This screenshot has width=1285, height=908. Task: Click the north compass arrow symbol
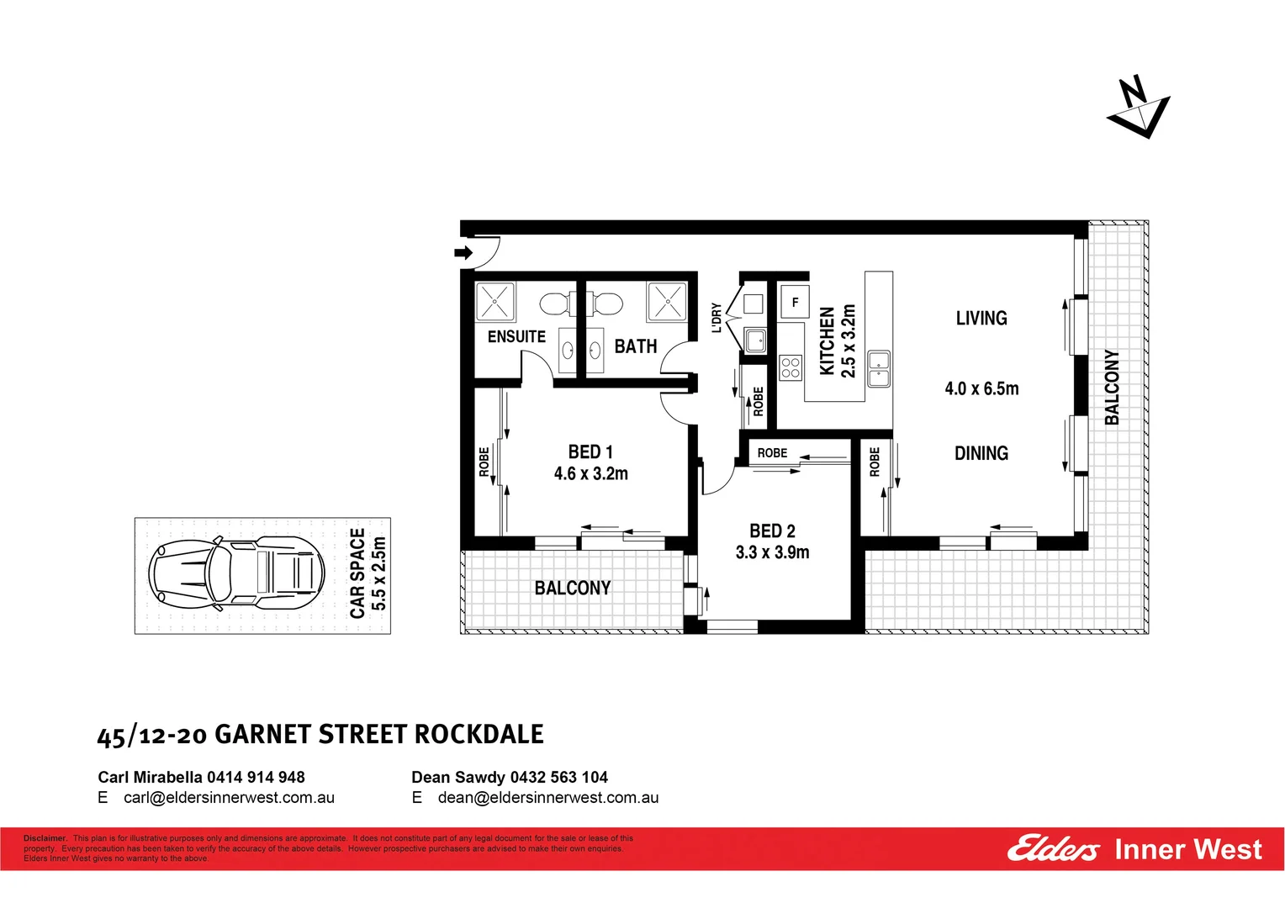(x=1138, y=107)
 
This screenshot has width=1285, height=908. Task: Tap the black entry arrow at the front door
(x=463, y=252)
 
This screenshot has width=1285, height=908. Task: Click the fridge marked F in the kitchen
(x=795, y=302)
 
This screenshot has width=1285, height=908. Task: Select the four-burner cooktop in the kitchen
(x=790, y=367)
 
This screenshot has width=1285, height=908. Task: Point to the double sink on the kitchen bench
(x=878, y=369)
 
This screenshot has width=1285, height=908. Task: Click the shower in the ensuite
(x=495, y=302)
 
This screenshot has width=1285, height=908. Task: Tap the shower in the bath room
(x=667, y=302)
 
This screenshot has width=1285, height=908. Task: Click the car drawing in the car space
(x=235, y=574)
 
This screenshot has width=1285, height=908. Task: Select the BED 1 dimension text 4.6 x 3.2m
(x=590, y=474)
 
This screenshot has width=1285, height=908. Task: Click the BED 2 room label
(x=772, y=531)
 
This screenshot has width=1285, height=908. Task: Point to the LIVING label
(x=981, y=319)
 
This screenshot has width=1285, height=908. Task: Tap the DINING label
(x=981, y=454)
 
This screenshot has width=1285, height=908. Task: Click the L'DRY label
(x=717, y=318)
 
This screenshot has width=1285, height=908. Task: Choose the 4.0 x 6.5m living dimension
(x=981, y=388)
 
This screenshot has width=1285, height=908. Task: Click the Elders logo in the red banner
(x=1053, y=849)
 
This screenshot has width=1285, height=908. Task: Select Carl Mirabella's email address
(x=229, y=798)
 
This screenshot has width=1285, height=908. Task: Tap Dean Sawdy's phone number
(x=558, y=778)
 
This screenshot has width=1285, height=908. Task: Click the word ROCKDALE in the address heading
(x=479, y=735)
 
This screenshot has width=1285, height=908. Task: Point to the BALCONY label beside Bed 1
(x=573, y=589)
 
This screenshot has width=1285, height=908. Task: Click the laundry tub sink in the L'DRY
(x=755, y=340)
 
